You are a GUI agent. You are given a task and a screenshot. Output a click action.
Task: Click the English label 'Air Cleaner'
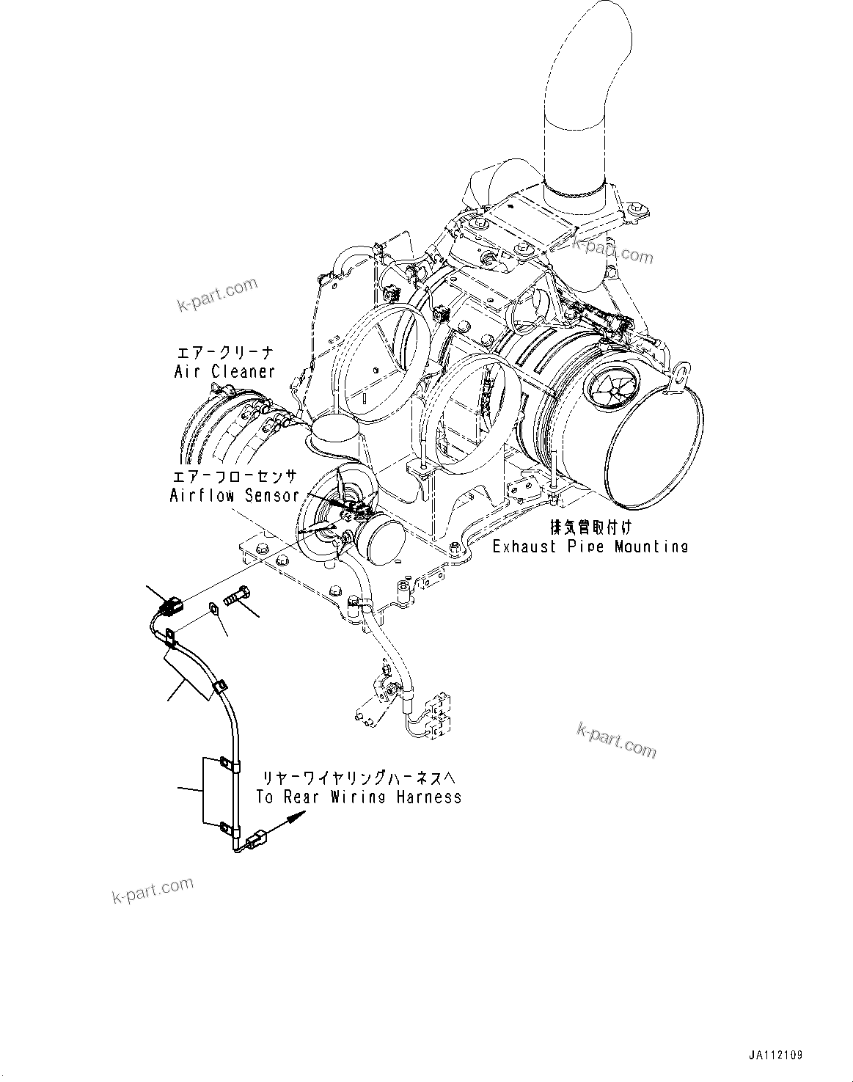coord(224,371)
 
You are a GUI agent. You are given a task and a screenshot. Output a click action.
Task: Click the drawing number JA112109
coord(775,1055)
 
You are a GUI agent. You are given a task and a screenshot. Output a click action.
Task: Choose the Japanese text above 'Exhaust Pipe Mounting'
coord(590,527)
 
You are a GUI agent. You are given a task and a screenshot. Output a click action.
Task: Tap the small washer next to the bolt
coord(213,607)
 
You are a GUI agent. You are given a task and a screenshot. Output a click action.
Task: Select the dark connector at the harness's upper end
coord(169,607)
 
